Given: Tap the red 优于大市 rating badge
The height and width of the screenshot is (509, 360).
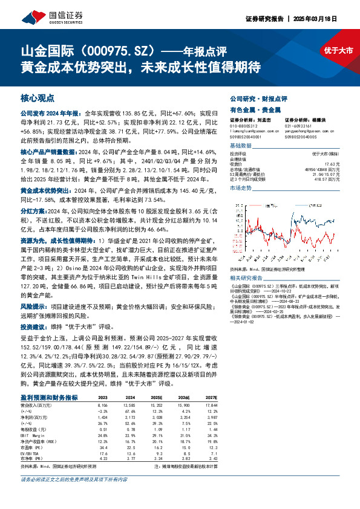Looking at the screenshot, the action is (338, 51).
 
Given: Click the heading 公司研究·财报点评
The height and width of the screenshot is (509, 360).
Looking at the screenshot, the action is (258, 98).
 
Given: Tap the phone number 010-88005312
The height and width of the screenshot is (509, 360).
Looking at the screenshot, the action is (246, 126).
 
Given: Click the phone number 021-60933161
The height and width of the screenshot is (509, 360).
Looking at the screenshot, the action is (298, 126).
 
